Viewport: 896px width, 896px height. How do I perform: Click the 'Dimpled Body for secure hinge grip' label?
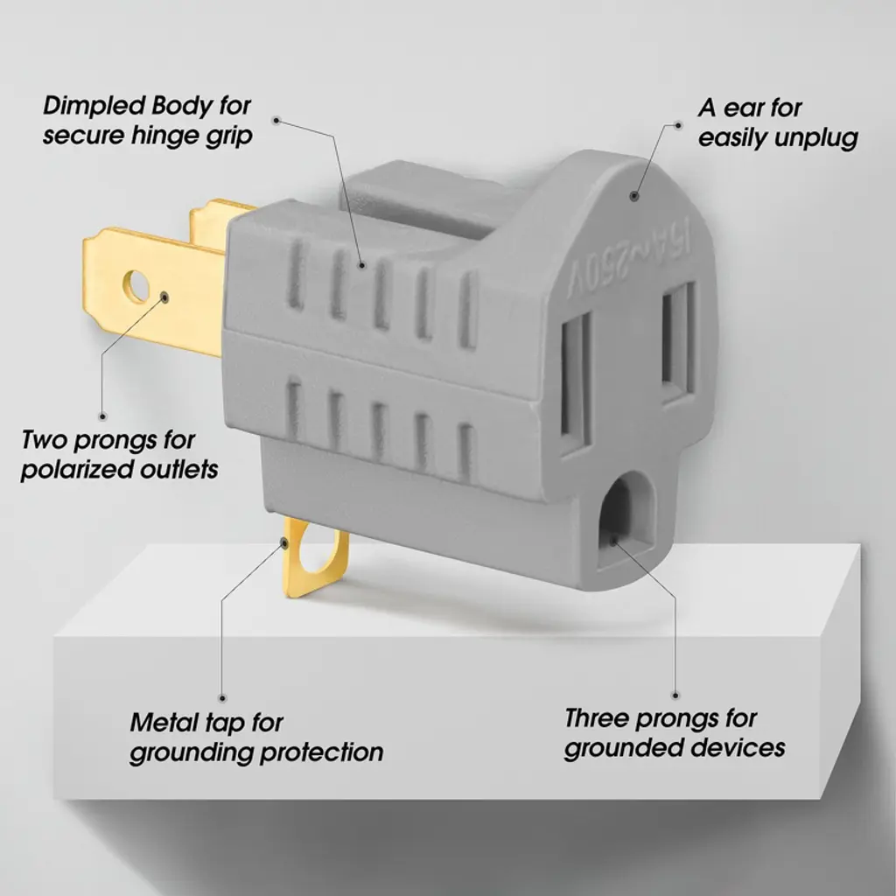pyautogui.click(x=147, y=122)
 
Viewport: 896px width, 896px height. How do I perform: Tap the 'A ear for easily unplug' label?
pyautogui.click(x=777, y=123)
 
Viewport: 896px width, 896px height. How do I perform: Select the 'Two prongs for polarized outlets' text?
pyautogui.click(x=119, y=453)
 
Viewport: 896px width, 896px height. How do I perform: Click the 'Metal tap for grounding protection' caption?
pyautogui.click(x=255, y=738)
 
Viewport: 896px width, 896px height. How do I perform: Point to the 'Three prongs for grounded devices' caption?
pyautogui.click(x=674, y=734)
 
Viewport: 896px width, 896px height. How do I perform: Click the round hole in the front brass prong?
pyautogui.click(x=136, y=285)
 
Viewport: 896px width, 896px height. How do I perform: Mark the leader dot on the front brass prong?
pyautogui.click(x=165, y=297)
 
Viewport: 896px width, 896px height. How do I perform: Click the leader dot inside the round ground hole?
pyautogui.click(x=612, y=541)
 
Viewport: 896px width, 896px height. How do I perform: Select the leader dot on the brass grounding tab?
pyautogui.click(x=285, y=543)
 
